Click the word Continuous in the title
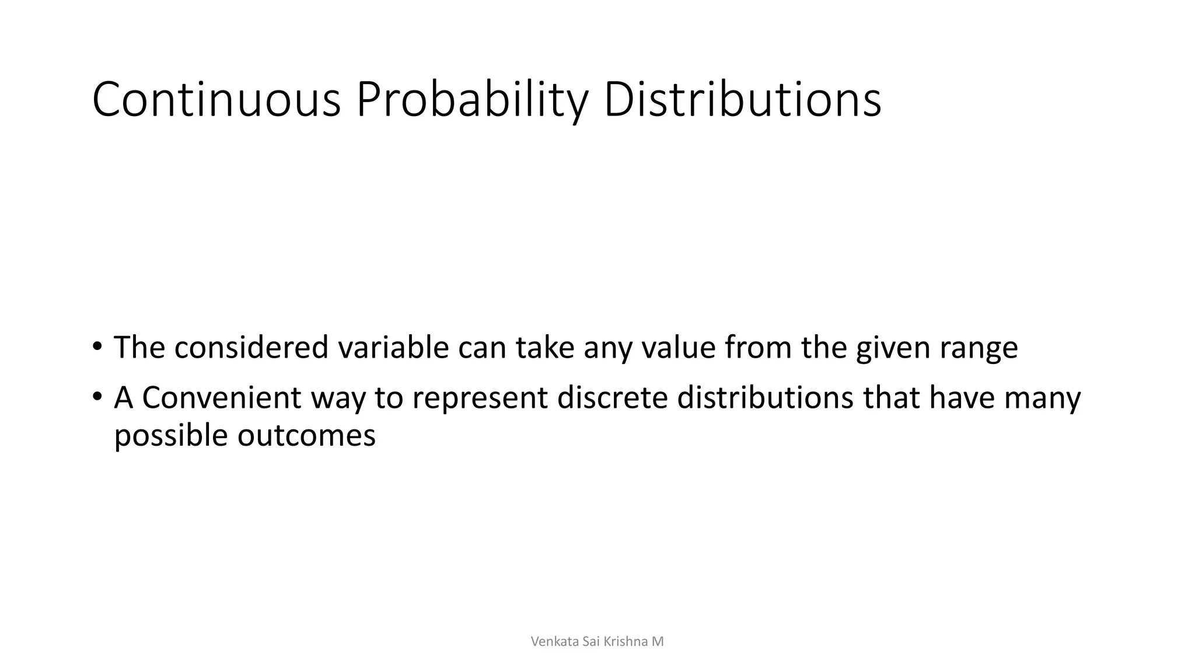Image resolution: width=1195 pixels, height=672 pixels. (x=216, y=100)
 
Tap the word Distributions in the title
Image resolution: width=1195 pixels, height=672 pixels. (x=742, y=100)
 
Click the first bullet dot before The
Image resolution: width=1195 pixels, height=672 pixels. (x=97, y=346)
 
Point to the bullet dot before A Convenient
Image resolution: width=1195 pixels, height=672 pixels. (x=97, y=397)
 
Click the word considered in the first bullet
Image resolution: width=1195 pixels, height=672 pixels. (x=251, y=348)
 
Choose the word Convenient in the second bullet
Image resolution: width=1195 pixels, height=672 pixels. (x=222, y=398)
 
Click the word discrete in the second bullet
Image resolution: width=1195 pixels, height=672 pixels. (x=612, y=398)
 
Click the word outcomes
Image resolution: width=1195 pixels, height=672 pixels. (x=306, y=436)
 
